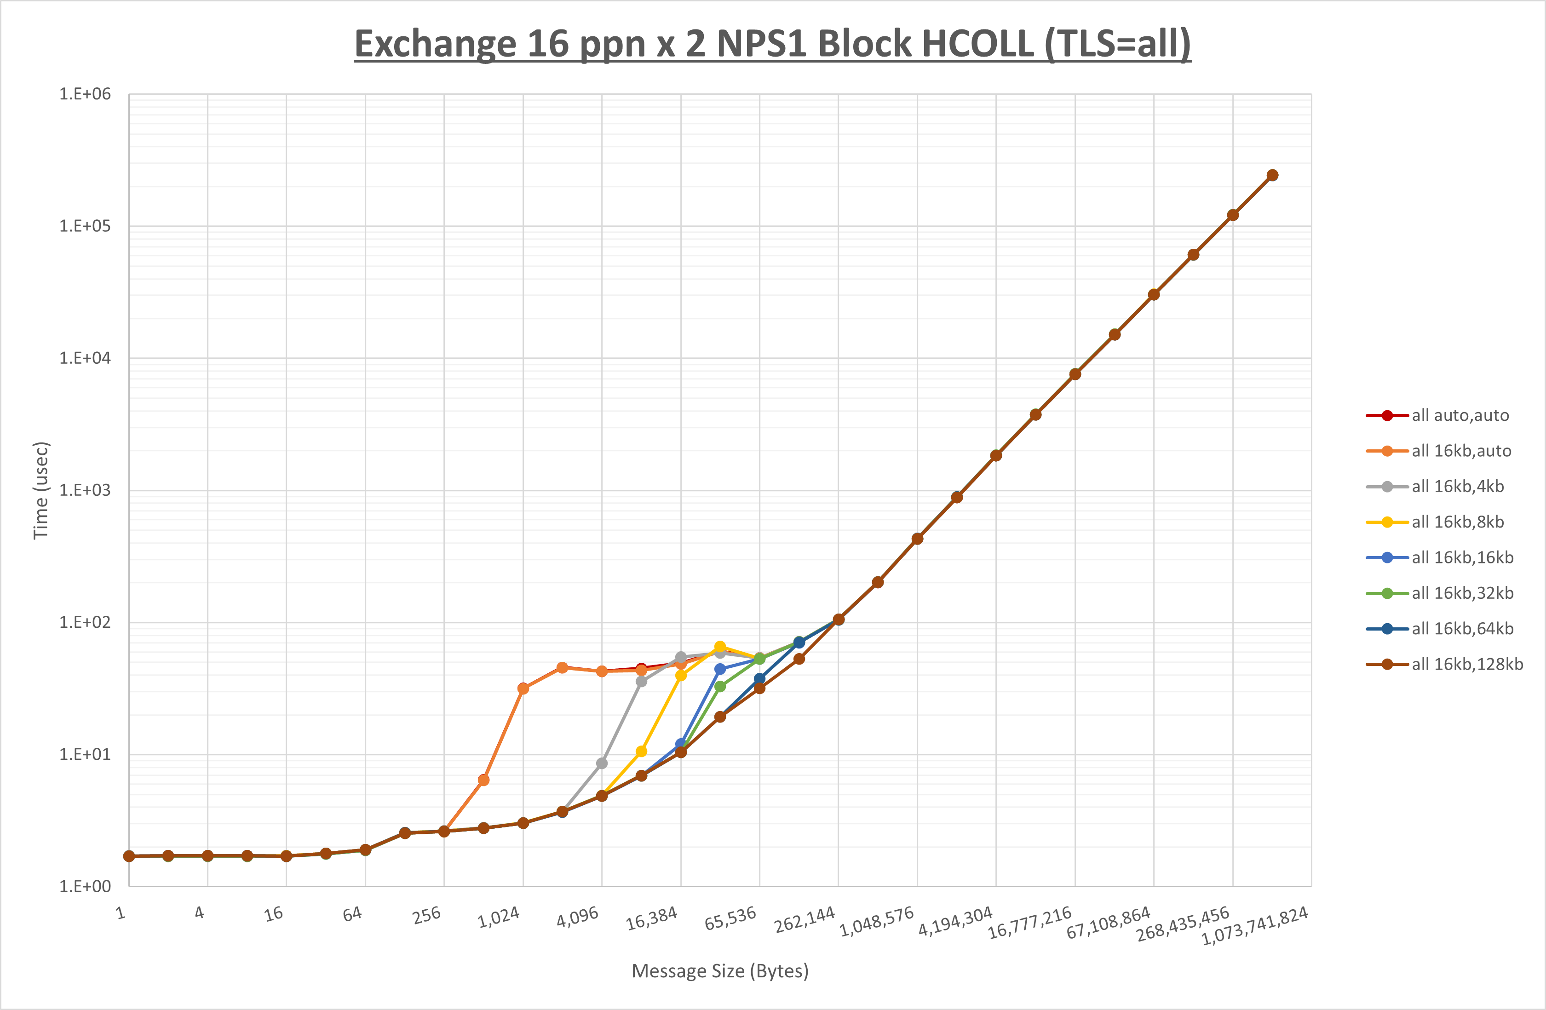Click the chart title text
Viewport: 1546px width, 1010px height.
772,44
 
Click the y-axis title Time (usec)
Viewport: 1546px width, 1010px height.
41,490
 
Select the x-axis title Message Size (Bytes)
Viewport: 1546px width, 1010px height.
720,971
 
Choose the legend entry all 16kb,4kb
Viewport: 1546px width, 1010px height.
1457,487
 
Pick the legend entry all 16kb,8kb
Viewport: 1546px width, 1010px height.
1457,522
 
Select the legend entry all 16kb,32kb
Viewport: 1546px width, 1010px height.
1462,593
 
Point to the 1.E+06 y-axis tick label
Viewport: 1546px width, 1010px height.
85,94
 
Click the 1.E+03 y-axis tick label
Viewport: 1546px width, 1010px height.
85,490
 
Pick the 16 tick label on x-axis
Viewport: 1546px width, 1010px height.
274,914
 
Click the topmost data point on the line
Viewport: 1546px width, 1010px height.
1272,175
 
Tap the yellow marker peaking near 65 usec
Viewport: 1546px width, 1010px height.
720,647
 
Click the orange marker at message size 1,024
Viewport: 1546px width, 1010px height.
523,689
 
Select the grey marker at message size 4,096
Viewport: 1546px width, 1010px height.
602,763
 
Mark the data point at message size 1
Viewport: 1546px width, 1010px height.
129,856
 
